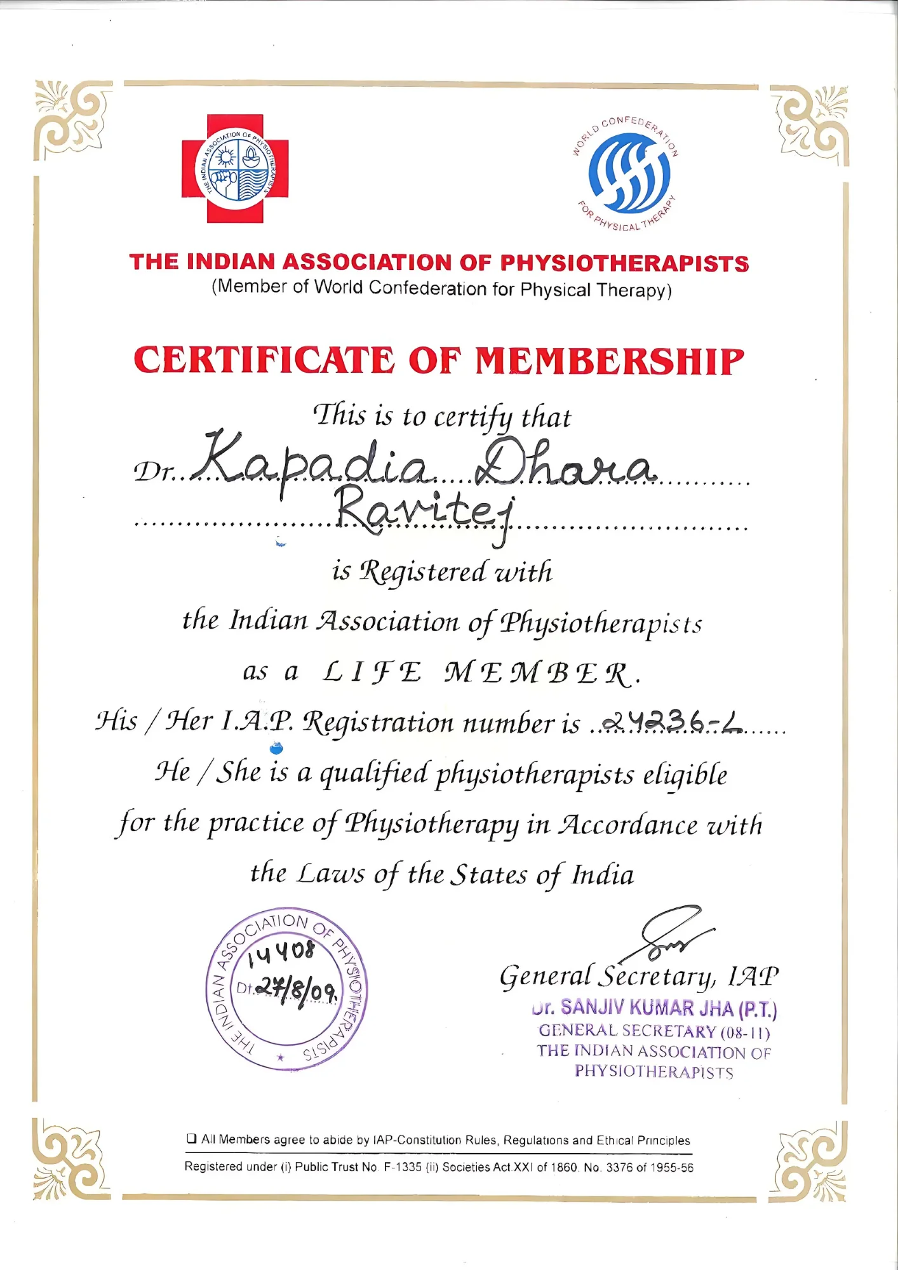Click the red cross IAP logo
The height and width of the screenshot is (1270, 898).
click(x=235, y=168)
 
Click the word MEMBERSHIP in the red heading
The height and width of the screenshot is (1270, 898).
click(x=609, y=361)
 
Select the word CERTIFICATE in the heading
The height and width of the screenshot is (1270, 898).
click(x=264, y=360)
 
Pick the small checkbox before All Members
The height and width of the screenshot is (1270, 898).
click(x=191, y=1139)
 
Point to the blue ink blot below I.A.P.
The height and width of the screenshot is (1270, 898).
click(x=276, y=749)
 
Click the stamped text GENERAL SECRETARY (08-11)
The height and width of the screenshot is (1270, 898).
click(x=654, y=1031)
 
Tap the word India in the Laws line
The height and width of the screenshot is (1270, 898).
click(x=603, y=875)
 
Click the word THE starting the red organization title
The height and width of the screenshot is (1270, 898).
click(x=154, y=262)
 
